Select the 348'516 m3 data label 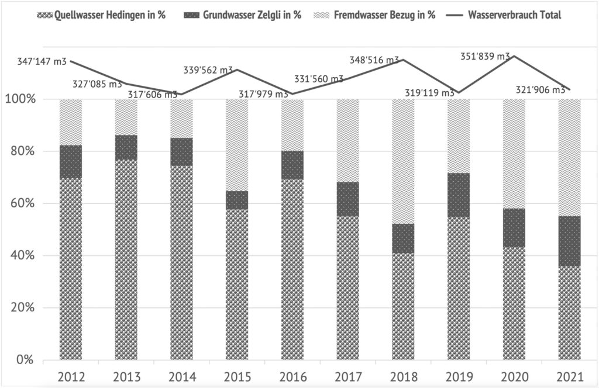(x=374, y=60)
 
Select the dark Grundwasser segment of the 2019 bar (x=459, y=195)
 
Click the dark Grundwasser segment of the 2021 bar (x=569, y=241)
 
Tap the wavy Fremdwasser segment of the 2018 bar (x=403, y=161)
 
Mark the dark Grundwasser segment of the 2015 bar (x=237, y=200)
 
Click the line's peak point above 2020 (x=514, y=56)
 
